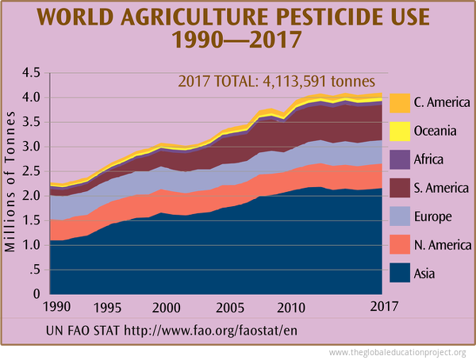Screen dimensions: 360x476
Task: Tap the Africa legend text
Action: pyautogui.click(x=429, y=159)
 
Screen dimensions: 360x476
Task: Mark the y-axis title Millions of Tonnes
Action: pyautogui.click(x=11, y=183)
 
